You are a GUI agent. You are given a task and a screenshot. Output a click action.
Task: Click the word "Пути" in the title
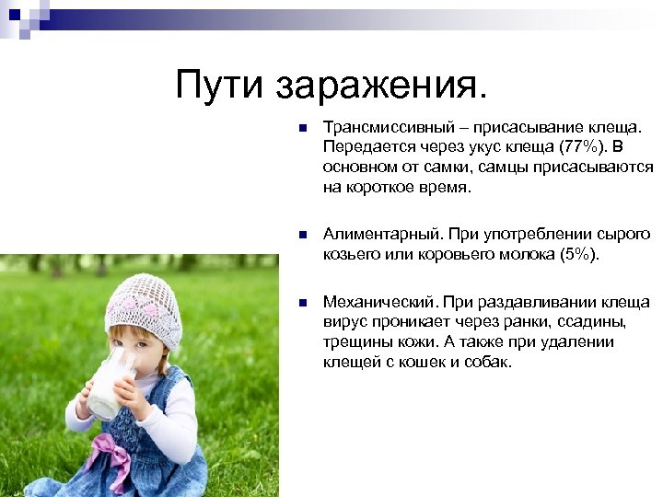coord(219,87)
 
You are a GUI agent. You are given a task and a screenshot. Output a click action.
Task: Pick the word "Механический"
coord(367,302)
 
